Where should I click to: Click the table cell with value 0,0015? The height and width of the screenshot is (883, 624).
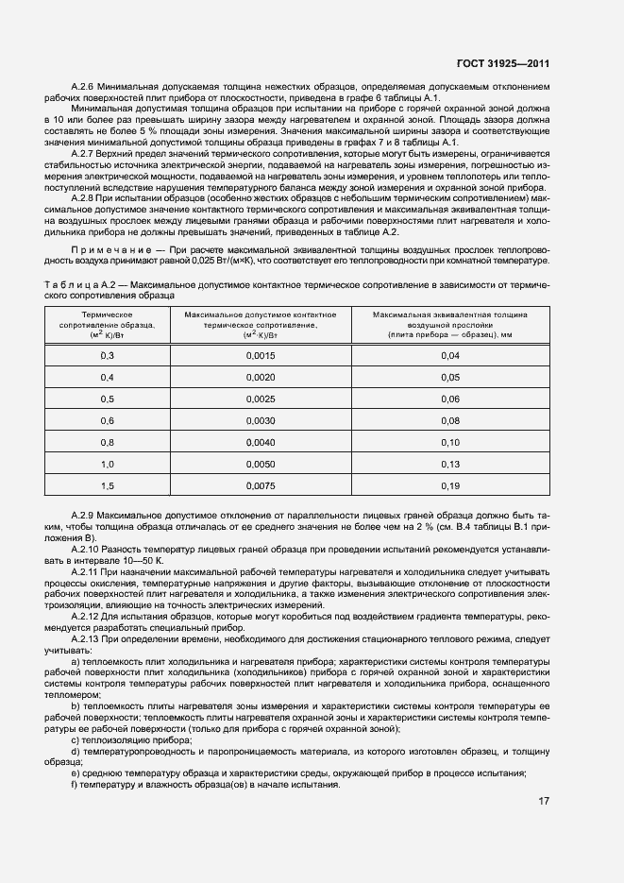pos(261,355)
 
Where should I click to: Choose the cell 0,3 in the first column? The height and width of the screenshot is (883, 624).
pos(107,355)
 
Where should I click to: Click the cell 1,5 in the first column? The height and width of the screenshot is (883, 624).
pos(107,486)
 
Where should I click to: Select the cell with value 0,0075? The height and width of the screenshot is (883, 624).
pos(261,486)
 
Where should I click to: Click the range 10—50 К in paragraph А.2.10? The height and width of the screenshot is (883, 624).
pos(141,560)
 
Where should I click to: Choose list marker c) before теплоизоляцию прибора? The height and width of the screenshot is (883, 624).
pos(75,740)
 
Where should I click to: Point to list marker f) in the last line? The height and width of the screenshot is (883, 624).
pos(74,784)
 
